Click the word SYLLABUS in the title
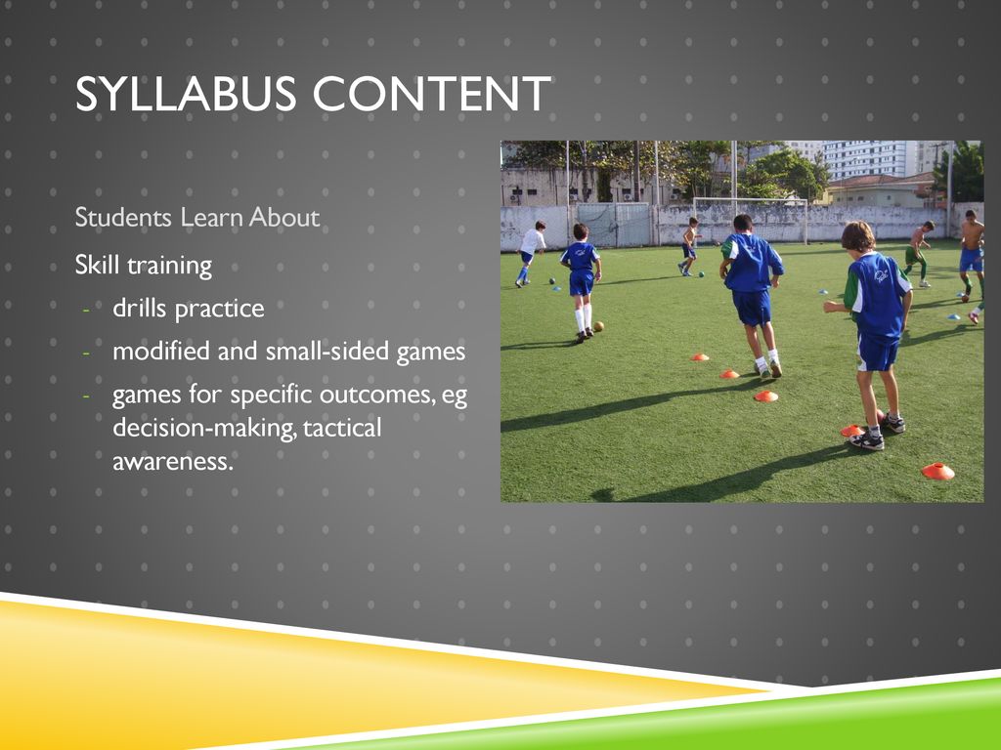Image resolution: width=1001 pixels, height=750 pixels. coord(186,94)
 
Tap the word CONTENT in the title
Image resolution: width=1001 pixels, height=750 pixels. coord(431,94)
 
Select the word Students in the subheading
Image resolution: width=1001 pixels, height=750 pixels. coord(123,218)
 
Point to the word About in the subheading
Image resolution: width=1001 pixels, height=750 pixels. coord(284,218)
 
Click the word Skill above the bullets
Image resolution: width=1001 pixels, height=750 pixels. coord(97,265)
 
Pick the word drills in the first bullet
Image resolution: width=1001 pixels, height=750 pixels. coord(140,308)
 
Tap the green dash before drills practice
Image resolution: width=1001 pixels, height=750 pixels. coord(86,311)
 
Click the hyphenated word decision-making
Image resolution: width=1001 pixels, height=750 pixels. coord(205,429)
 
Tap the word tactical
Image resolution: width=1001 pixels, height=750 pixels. coord(342,428)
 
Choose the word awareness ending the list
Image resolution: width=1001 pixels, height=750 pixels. coord(173,462)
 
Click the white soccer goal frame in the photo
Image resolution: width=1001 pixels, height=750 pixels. coord(750,199)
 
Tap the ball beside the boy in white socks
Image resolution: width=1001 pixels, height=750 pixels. coord(598,326)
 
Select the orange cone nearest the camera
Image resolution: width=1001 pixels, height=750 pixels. coord(937,472)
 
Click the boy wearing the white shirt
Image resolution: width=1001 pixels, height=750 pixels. coord(530,253)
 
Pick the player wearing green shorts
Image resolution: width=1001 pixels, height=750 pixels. coord(918,253)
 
